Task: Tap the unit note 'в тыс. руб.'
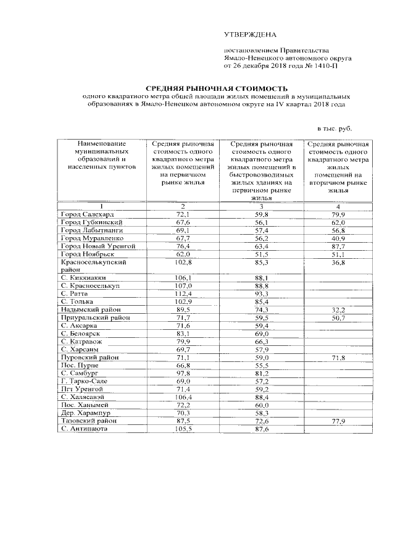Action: pos(334,128)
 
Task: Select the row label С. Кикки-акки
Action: pos(81,278)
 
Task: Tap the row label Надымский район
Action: pos(89,309)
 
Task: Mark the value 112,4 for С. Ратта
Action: pos(185,294)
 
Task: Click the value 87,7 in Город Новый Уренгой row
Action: pos(338,246)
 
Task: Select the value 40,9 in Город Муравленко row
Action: pos(338,238)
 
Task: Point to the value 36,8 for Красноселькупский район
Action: pos(338,262)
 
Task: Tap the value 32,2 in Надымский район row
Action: pos(338,309)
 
